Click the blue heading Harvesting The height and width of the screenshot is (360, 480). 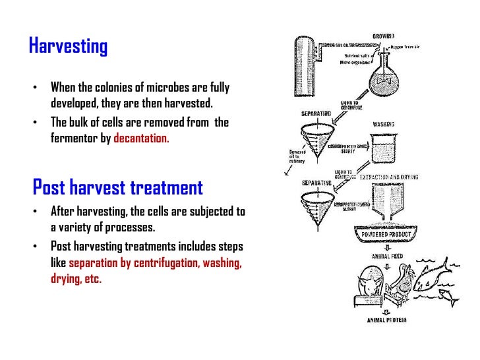tap(69, 47)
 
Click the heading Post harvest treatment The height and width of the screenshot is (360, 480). tap(118, 188)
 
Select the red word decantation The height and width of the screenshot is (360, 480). tap(142, 139)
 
